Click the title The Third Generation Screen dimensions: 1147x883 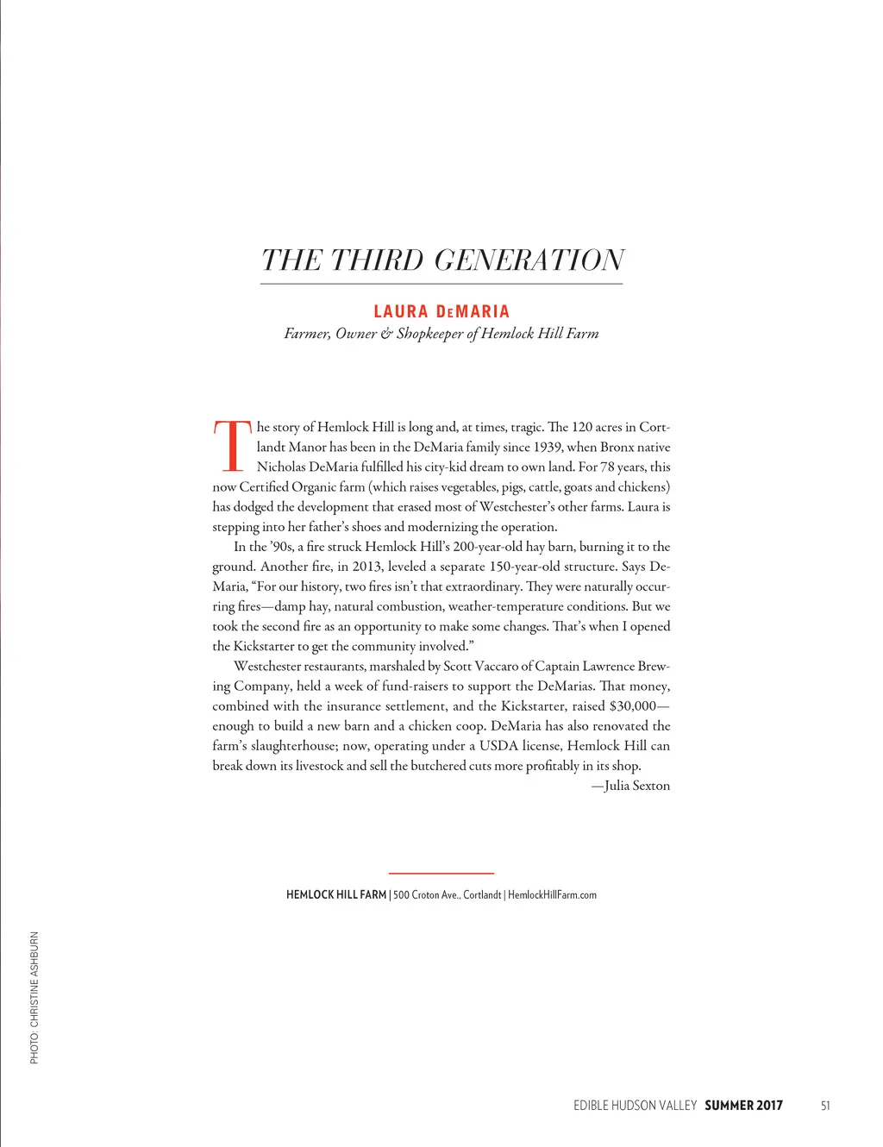(x=442, y=260)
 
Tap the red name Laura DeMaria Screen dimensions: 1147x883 (x=441, y=311)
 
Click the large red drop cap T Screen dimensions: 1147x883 (x=232, y=446)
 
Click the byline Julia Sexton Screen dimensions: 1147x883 (x=636, y=786)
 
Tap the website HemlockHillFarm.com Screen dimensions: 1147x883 (x=552, y=895)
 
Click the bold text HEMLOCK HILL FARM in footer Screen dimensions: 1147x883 (x=335, y=895)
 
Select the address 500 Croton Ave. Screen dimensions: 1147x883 (x=426, y=895)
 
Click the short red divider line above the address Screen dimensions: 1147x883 (x=441, y=874)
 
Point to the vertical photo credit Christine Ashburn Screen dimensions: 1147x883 (x=34, y=997)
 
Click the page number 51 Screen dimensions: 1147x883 (x=825, y=1106)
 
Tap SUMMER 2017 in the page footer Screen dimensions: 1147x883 (x=743, y=1106)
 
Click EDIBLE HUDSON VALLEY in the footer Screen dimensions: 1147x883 (x=635, y=1106)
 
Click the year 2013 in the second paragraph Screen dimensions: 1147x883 (x=366, y=567)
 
